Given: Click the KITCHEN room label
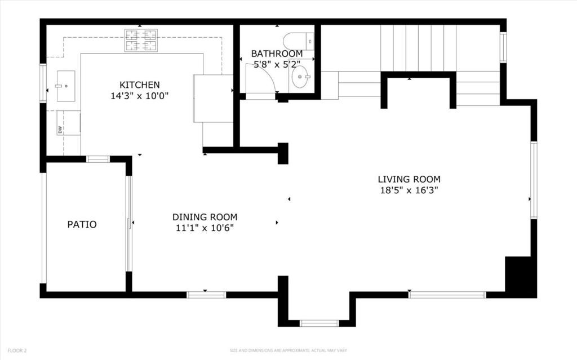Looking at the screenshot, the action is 140,85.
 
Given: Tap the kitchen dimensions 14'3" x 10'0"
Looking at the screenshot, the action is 140,96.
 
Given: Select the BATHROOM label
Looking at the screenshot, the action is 277,54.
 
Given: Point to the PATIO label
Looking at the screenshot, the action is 82,224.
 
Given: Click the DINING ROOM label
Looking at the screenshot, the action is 205,217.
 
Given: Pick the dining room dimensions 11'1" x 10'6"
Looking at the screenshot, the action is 205,228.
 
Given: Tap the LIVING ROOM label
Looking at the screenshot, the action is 409,179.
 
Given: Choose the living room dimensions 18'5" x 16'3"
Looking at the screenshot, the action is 409,190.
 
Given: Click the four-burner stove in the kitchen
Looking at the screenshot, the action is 140,40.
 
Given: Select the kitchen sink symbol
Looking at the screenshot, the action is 66,86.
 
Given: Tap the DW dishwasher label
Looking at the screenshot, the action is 60,130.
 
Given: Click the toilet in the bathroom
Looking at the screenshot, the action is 299,41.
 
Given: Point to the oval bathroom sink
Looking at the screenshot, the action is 301,77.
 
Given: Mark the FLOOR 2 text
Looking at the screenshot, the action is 17,350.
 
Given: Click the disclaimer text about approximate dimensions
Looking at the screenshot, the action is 288,350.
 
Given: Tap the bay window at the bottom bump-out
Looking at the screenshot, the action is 319,323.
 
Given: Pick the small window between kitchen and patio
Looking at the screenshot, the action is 98,159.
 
